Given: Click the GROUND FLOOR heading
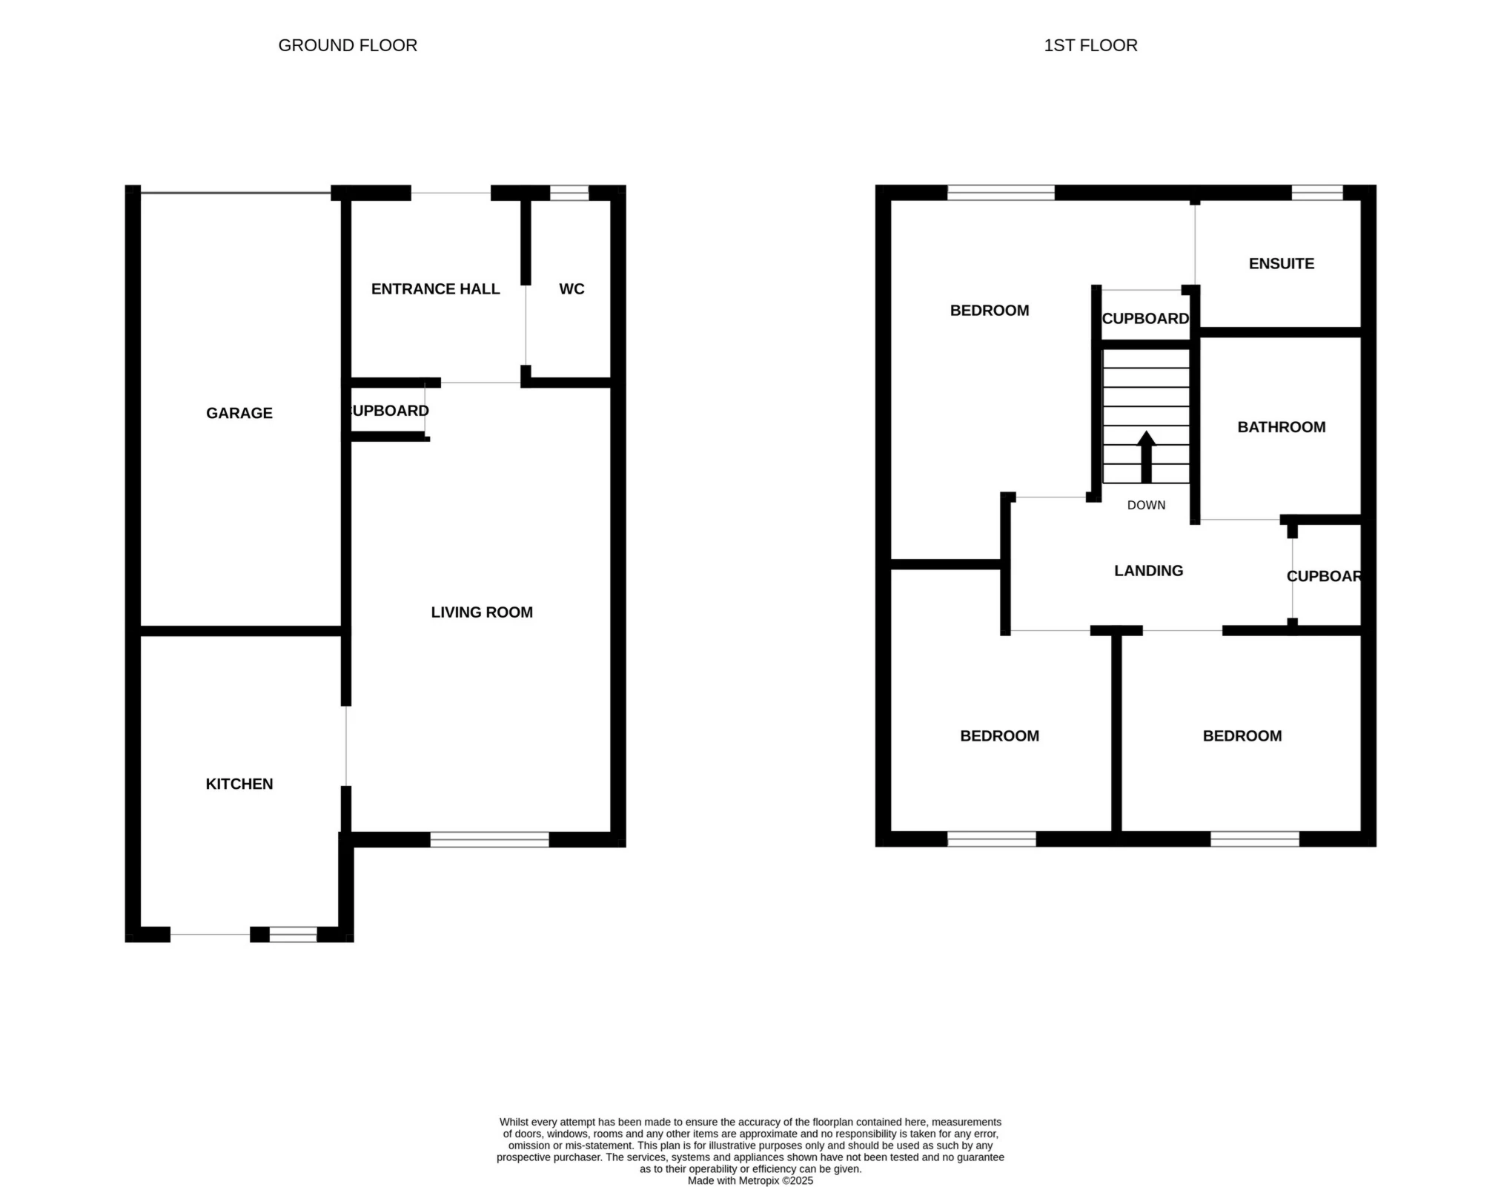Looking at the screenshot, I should (x=348, y=45).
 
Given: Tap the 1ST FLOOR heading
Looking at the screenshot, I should (x=1090, y=45).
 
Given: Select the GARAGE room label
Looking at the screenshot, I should (x=239, y=413).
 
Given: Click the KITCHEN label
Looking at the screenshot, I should (x=239, y=784).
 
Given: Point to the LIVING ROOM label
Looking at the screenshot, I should (x=482, y=612).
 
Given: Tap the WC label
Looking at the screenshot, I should (x=571, y=289).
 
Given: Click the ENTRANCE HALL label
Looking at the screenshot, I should (x=435, y=289).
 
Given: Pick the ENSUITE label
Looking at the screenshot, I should (x=1281, y=263).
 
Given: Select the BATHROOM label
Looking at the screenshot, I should (x=1281, y=427).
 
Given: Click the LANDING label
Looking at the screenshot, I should (x=1148, y=570).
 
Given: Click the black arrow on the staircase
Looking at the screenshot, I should (x=1146, y=455).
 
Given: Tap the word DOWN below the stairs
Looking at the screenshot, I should (x=1146, y=505).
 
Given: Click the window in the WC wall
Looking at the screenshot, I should (x=569, y=194).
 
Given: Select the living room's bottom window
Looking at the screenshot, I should (x=489, y=839).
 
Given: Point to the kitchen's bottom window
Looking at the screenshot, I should (x=293, y=934).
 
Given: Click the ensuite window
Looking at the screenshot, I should (x=1316, y=193).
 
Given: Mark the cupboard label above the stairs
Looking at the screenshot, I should (x=1145, y=319).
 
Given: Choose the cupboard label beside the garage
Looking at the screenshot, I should (x=388, y=411).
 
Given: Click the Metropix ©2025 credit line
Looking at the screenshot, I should (x=750, y=1180).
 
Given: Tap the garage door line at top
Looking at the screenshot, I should (x=236, y=194).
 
